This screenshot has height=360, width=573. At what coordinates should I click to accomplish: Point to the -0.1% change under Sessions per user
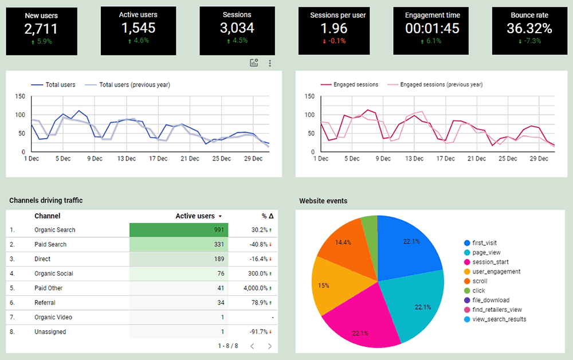click(x=337, y=41)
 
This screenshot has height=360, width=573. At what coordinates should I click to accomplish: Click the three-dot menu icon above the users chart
click(x=270, y=63)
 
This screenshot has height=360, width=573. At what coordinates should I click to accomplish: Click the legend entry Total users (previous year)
click(x=134, y=85)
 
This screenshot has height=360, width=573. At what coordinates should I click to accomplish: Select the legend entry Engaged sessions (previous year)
click(x=441, y=85)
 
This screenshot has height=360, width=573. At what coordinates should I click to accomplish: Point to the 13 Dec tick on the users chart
click(x=127, y=159)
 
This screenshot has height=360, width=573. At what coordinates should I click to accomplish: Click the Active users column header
click(x=195, y=216)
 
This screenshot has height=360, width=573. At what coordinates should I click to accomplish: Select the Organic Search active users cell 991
click(x=179, y=230)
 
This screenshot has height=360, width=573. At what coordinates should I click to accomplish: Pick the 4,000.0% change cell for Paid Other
click(x=256, y=288)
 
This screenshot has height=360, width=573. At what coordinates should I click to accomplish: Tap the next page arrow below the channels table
click(x=270, y=346)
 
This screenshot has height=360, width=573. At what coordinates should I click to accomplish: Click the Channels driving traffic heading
click(x=46, y=200)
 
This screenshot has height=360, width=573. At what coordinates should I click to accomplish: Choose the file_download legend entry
click(x=490, y=300)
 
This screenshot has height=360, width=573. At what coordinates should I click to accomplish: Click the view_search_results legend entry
click(x=499, y=319)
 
